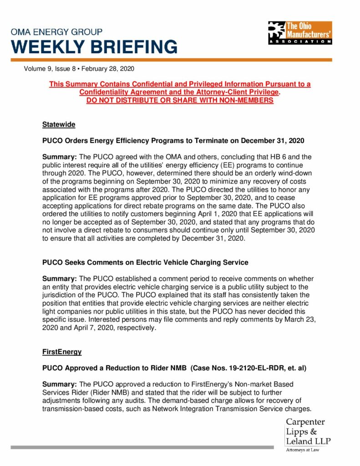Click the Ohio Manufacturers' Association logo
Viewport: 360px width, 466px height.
tap(300, 33)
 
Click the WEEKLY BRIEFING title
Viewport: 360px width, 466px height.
tap(94, 47)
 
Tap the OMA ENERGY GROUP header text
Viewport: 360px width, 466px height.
tap(57, 32)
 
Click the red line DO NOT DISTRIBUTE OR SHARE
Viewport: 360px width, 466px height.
tap(180, 100)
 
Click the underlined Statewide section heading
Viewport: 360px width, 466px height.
tap(59, 124)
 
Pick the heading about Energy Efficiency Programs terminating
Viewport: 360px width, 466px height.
tap(173, 140)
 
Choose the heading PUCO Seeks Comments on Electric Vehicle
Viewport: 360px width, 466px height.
tap(145, 262)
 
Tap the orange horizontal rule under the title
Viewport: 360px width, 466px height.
tap(171, 60)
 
